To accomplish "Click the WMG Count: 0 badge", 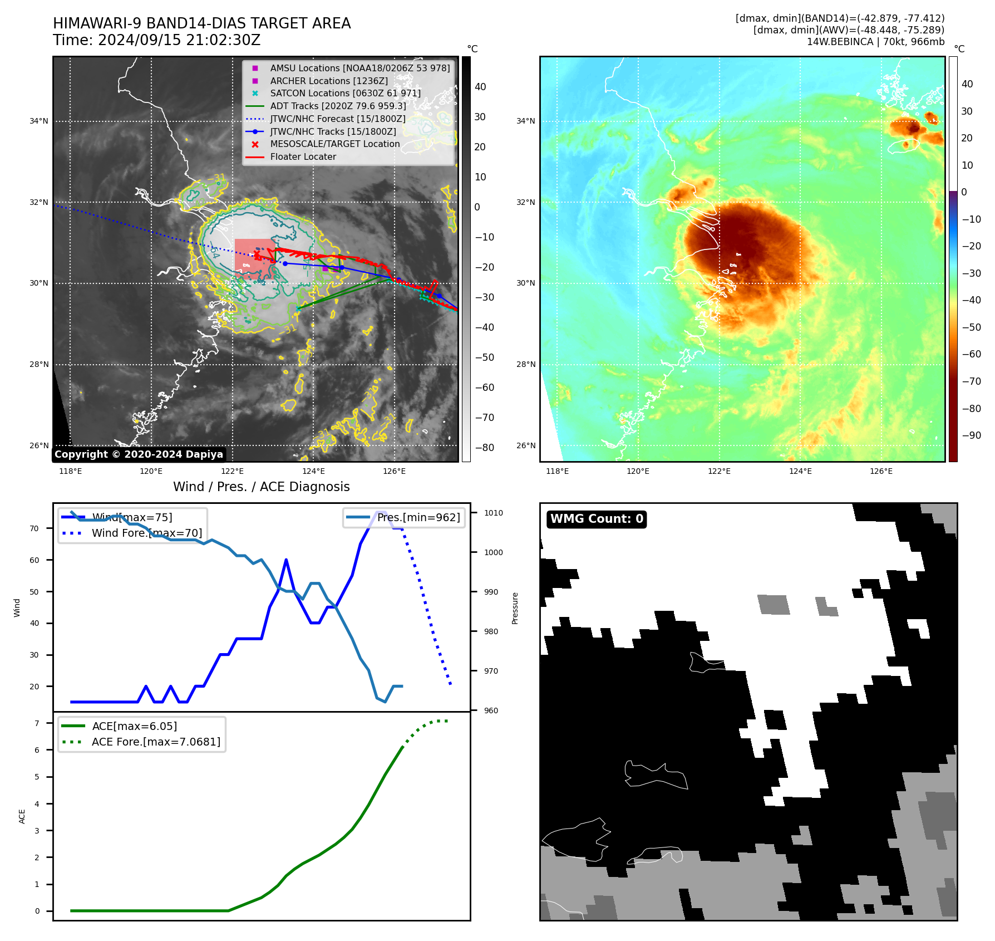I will (597, 519).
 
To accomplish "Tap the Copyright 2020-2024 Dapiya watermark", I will (139, 454).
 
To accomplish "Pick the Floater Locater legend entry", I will (303, 157).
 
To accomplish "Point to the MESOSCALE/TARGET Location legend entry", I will (334, 144).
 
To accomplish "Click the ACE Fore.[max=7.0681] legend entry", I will (156, 742).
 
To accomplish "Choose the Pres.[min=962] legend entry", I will (418, 517).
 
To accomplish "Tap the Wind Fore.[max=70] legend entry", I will (146, 533).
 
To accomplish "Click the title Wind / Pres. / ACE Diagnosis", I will (261, 487).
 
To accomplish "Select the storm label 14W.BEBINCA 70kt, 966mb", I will (875, 42).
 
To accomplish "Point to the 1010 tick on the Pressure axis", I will (493, 513).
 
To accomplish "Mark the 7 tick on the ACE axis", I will (37, 723).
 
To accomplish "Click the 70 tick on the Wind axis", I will (35, 528).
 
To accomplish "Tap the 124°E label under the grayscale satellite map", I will (313, 471).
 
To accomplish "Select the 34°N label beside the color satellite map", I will (525, 121).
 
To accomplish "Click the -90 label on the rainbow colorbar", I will (972, 435).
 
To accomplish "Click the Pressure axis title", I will (515, 608).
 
